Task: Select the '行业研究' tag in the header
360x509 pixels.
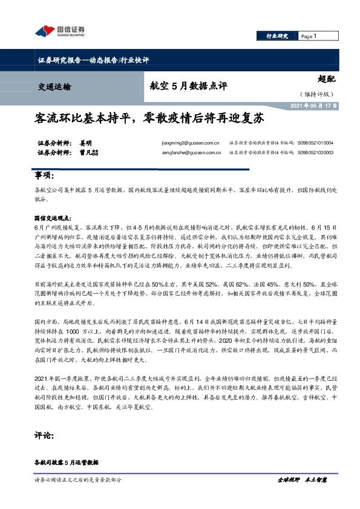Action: pos(277,37)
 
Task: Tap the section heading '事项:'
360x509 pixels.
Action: pos(44,176)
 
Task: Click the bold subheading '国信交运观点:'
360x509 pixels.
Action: pos(53,216)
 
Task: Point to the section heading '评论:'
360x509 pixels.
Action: pos(44,435)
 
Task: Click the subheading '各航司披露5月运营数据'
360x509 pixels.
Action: pos(66,462)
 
